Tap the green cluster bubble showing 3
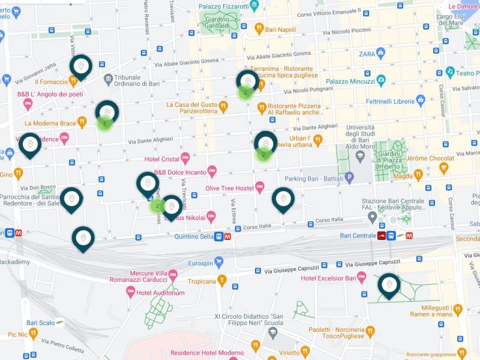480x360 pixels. [x=105, y=124]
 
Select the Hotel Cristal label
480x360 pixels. [x=161, y=159]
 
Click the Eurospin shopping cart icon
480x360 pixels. [x=218, y=262]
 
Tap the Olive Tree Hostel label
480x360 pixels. [x=228, y=188]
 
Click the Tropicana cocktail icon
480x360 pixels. [x=222, y=281]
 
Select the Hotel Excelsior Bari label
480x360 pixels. [x=325, y=278]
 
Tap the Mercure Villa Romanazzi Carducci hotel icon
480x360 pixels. [x=173, y=275]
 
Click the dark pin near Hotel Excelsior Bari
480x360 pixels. [x=389, y=285]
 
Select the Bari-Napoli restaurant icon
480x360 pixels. [x=259, y=28]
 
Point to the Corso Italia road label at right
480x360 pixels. [x=332, y=220]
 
